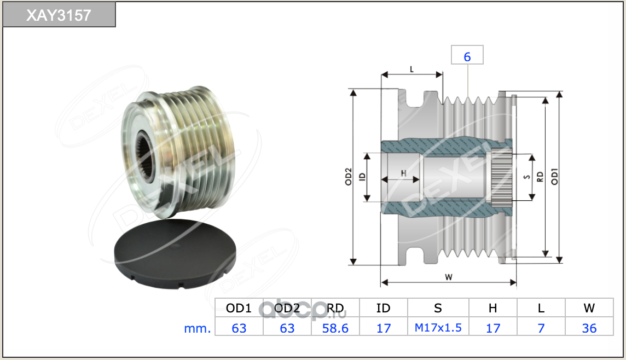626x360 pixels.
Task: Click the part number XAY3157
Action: [59, 15]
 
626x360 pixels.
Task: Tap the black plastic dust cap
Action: [175, 253]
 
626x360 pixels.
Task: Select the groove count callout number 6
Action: [467, 57]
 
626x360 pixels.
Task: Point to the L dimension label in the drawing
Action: [411, 69]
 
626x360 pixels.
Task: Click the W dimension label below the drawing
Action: [448, 277]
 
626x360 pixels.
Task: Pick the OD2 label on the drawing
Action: [349, 176]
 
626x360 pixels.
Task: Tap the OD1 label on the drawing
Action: [554, 176]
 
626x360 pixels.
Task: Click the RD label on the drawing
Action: [540, 177]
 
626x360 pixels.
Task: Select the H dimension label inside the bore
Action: [404, 173]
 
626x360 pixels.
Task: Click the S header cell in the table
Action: [438, 307]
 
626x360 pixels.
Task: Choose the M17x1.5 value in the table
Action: [438, 328]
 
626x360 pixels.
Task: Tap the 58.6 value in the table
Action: [335, 328]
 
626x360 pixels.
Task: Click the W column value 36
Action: [589, 328]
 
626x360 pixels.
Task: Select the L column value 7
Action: [541, 328]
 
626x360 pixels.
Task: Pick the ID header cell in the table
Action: [383, 307]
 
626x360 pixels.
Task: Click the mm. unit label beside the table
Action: [197, 328]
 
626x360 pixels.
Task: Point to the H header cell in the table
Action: [493, 307]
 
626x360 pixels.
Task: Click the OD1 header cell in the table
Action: [239, 307]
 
